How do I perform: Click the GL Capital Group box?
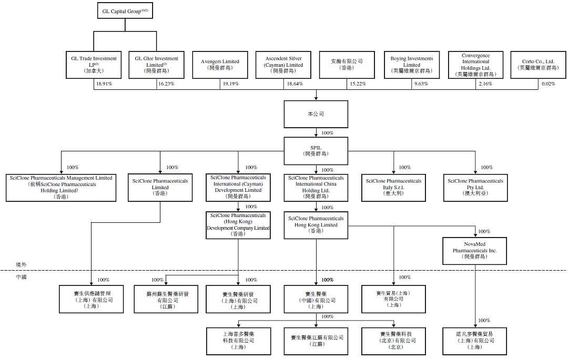125,11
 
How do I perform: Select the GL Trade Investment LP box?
94,65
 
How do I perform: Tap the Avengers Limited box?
220,65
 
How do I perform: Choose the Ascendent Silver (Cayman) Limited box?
283,65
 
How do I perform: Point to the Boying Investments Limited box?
411,65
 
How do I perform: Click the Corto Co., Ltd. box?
537,65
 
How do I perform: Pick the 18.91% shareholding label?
103,84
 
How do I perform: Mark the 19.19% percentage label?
230,84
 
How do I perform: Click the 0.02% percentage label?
547,84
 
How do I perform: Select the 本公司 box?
316,114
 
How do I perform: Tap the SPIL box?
316,150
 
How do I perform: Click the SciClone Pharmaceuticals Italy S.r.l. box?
393,187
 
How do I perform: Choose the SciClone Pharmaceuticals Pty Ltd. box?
475,187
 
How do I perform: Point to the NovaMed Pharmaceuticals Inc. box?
475,251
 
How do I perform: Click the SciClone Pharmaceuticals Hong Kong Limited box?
316,225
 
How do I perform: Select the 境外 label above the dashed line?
21,265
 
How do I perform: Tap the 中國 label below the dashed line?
21,276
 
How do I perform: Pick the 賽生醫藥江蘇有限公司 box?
316,341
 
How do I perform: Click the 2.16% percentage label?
485,84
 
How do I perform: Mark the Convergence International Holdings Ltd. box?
475,65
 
